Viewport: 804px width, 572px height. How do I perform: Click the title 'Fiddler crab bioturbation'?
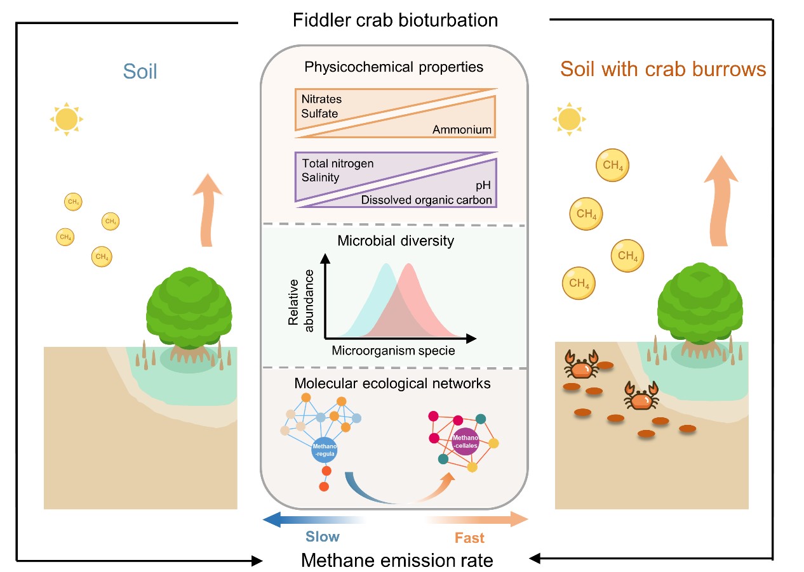pyautogui.click(x=395, y=20)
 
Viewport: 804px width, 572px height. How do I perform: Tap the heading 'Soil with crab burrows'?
pyautogui.click(x=663, y=69)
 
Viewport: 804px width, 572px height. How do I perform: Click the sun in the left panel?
pyautogui.click(x=67, y=119)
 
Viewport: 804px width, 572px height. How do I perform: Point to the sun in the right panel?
pyautogui.click(x=570, y=119)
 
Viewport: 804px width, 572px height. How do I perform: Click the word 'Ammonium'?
pyautogui.click(x=462, y=130)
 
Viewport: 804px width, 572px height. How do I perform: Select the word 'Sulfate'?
pyautogui.click(x=320, y=114)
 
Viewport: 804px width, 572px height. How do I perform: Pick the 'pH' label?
pyautogui.click(x=483, y=187)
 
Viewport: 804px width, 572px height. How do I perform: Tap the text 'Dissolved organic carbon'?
pyautogui.click(x=427, y=201)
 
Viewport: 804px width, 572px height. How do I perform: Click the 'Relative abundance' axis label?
pyautogui.click(x=301, y=297)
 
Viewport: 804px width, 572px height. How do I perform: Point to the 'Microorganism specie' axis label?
pyautogui.click(x=393, y=351)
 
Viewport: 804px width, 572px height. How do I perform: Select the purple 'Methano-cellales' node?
pyautogui.click(x=465, y=437)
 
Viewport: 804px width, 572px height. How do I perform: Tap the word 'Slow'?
pyautogui.click(x=323, y=536)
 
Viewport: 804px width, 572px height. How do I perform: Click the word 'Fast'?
pyautogui.click(x=469, y=538)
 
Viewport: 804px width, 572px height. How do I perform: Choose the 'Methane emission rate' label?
pyautogui.click(x=397, y=561)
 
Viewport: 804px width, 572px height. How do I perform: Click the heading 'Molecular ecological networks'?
pyautogui.click(x=392, y=384)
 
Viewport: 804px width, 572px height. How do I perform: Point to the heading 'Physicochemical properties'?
pyautogui.click(x=394, y=67)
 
